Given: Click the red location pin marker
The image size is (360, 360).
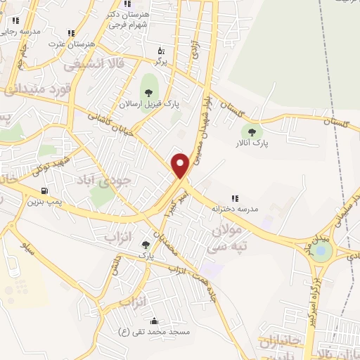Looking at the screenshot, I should [181, 165].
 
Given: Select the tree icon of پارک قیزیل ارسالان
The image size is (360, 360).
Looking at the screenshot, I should [148, 91].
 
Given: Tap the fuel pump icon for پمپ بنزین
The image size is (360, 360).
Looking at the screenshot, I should [46, 191].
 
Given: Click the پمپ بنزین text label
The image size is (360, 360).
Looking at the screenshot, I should [41, 202].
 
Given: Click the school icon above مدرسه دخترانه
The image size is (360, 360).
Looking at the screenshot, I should [236, 199].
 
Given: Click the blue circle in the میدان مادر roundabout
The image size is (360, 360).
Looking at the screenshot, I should [321, 250].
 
